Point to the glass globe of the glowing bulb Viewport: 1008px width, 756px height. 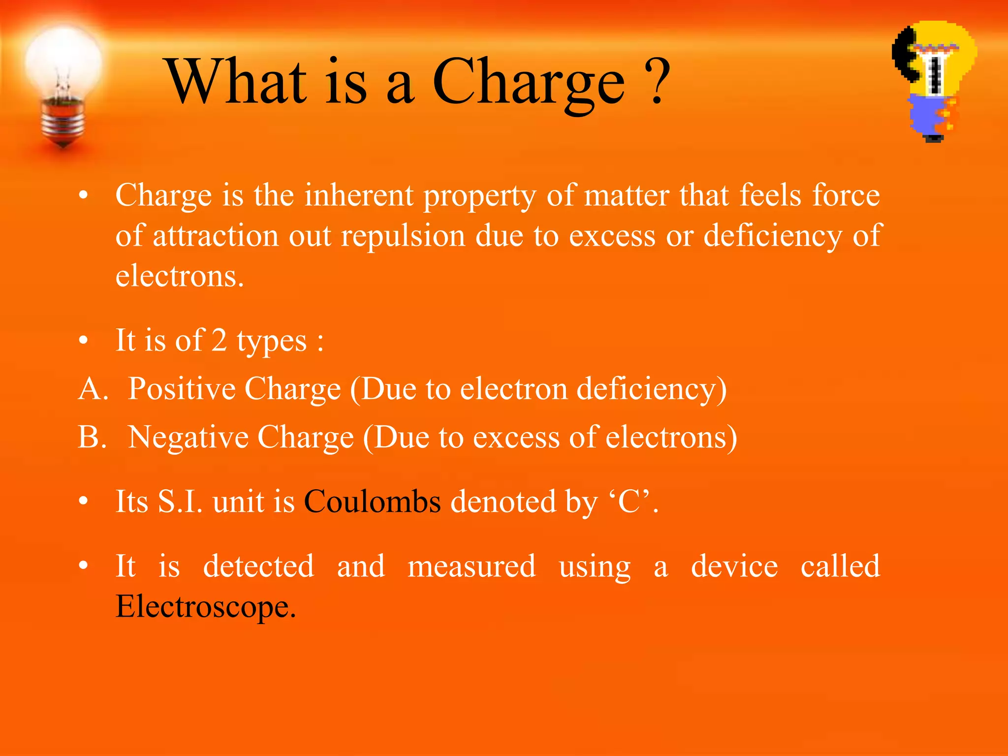(63, 62)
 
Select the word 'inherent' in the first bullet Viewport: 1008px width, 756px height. (358, 195)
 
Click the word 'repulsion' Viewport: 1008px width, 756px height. (403, 236)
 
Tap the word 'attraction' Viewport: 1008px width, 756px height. (216, 236)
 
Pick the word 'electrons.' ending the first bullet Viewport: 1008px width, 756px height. (180, 276)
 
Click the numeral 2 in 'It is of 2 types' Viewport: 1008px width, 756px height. (219, 340)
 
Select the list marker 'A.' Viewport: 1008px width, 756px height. (93, 389)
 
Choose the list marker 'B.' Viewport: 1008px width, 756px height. (93, 437)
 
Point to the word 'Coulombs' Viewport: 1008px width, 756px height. (373, 502)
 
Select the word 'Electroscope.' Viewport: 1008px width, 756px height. (206, 606)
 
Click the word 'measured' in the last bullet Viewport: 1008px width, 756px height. (472, 566)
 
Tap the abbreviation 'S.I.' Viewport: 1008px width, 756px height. (180, 502)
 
